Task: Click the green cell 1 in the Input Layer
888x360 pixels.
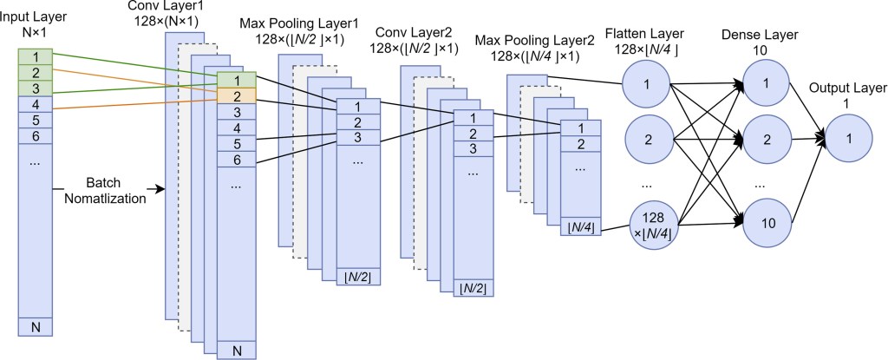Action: (x=36, y=56)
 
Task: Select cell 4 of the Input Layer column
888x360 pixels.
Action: (x=36, y=104)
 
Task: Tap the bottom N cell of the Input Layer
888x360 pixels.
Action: (x=36, y=327)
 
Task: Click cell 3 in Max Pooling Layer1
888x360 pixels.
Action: (x=356, y=137)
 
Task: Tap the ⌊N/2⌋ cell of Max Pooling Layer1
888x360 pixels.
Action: (x=356, y=277)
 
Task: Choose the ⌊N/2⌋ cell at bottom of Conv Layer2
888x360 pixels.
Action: (x=473, y=287)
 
